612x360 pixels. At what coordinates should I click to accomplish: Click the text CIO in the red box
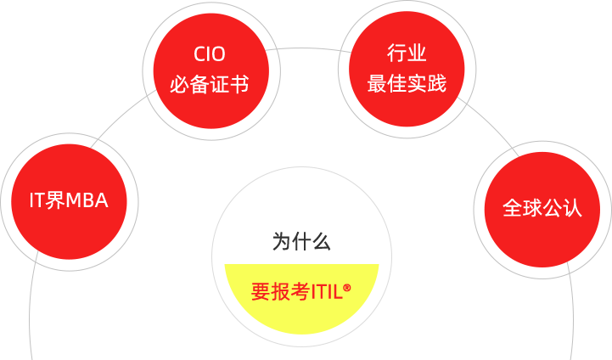(x=210, y=55)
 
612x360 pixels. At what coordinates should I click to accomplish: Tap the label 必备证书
(x=210, y=85)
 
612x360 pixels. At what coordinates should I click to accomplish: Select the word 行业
(x=406, y=54)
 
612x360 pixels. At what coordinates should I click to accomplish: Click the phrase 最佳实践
(x=406, y=84)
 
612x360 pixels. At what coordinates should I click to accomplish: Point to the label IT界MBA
(x=69, y=201)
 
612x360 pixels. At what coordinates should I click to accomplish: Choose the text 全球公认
(x=542, y=208)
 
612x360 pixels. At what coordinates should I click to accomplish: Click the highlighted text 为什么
(x=301, y=241)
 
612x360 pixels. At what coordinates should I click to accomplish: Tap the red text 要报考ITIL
(x=301, y=291)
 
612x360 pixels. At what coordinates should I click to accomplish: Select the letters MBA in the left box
(x=87, y=201)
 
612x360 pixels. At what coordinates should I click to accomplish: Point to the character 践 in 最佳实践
(x=436, y=84)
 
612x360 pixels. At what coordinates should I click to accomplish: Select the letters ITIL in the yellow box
(x=328, y=292)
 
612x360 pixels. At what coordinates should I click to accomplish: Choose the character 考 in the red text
(x=300, y=291)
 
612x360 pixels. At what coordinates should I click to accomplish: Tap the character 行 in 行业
(x=396, y=54)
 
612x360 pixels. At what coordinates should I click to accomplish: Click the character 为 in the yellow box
(x=282, y=241)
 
